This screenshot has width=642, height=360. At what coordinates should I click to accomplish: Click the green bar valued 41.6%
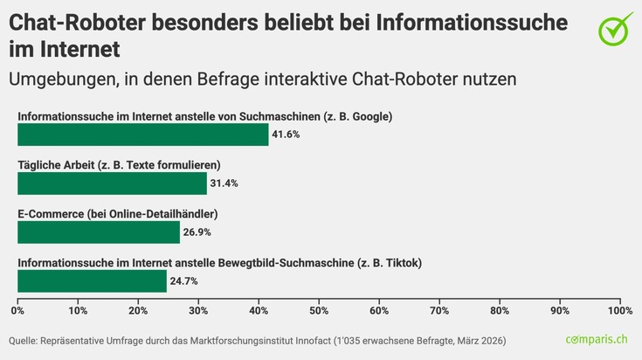click(x=142, y=135)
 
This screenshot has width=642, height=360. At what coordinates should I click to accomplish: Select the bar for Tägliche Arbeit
click(x=112, y=183)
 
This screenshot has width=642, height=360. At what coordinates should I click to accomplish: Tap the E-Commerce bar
click(x=98, y=232)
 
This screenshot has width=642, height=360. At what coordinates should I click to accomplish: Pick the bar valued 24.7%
click(x=92, y=280)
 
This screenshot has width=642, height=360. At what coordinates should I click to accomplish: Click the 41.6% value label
click(x=286, y=135)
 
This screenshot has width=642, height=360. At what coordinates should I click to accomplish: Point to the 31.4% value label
click(x=224, y=183)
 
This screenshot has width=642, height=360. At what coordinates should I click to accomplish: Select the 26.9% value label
click(x=197, y=232)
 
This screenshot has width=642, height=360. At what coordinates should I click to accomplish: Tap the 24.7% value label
click(x=184, y=280)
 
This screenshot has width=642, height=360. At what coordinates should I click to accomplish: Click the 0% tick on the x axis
click(x=17, y=310)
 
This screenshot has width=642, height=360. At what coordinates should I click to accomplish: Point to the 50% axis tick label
click(x=319, y=310)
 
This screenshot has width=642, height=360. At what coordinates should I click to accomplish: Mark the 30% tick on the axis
click(x=198, y=310)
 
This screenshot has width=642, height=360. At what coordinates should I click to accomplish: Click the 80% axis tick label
click(x=500, y=310)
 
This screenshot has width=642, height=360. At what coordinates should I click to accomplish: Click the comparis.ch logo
click(x=596, y=339)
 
